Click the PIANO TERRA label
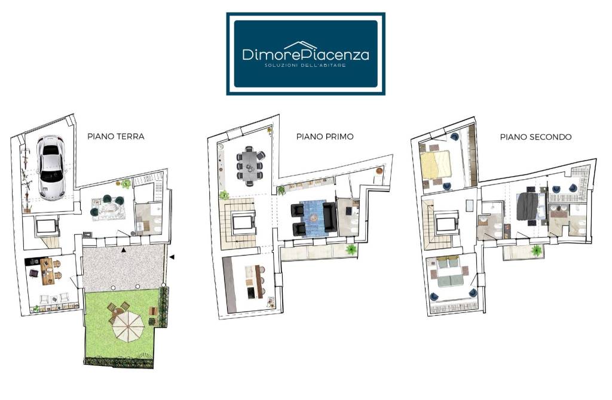(x=116, y=137)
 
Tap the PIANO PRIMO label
(x=325, y=137)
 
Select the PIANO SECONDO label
(x=535, y=137)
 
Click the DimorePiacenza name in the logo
(x=305, y=54)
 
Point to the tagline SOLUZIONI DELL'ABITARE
(x=305, y=65)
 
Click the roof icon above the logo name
(x=300, y=45)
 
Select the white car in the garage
(x=51, y=168)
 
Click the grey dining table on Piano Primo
(x=250, y=165)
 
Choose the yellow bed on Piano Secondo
(x=436, y=164)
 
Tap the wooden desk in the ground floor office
(x=47, y=271)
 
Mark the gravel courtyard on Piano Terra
(x=123, y=266)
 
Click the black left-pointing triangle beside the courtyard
(x=172, y=257)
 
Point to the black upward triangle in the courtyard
(x=124, y=250)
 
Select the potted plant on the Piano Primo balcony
(x=351, y=250)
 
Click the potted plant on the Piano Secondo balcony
(x=537, y=251)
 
